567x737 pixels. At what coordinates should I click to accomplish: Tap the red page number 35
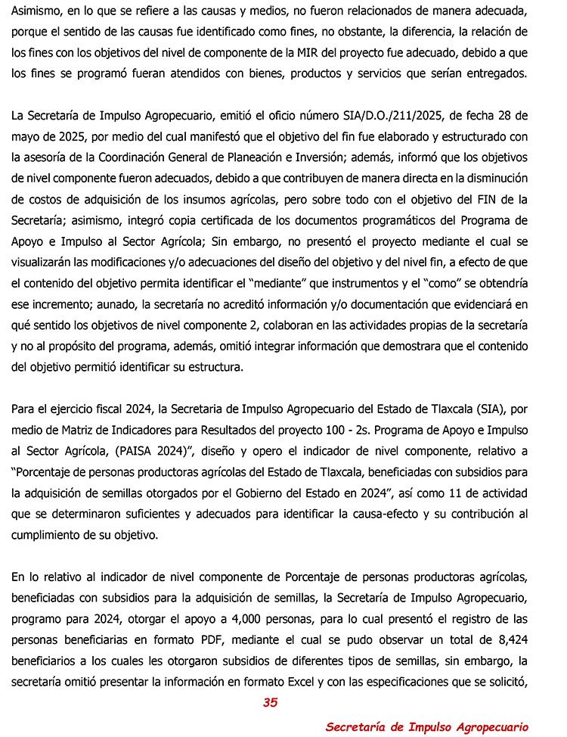[271, 703]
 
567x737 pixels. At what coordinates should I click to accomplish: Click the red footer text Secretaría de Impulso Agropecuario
[426, 726]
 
